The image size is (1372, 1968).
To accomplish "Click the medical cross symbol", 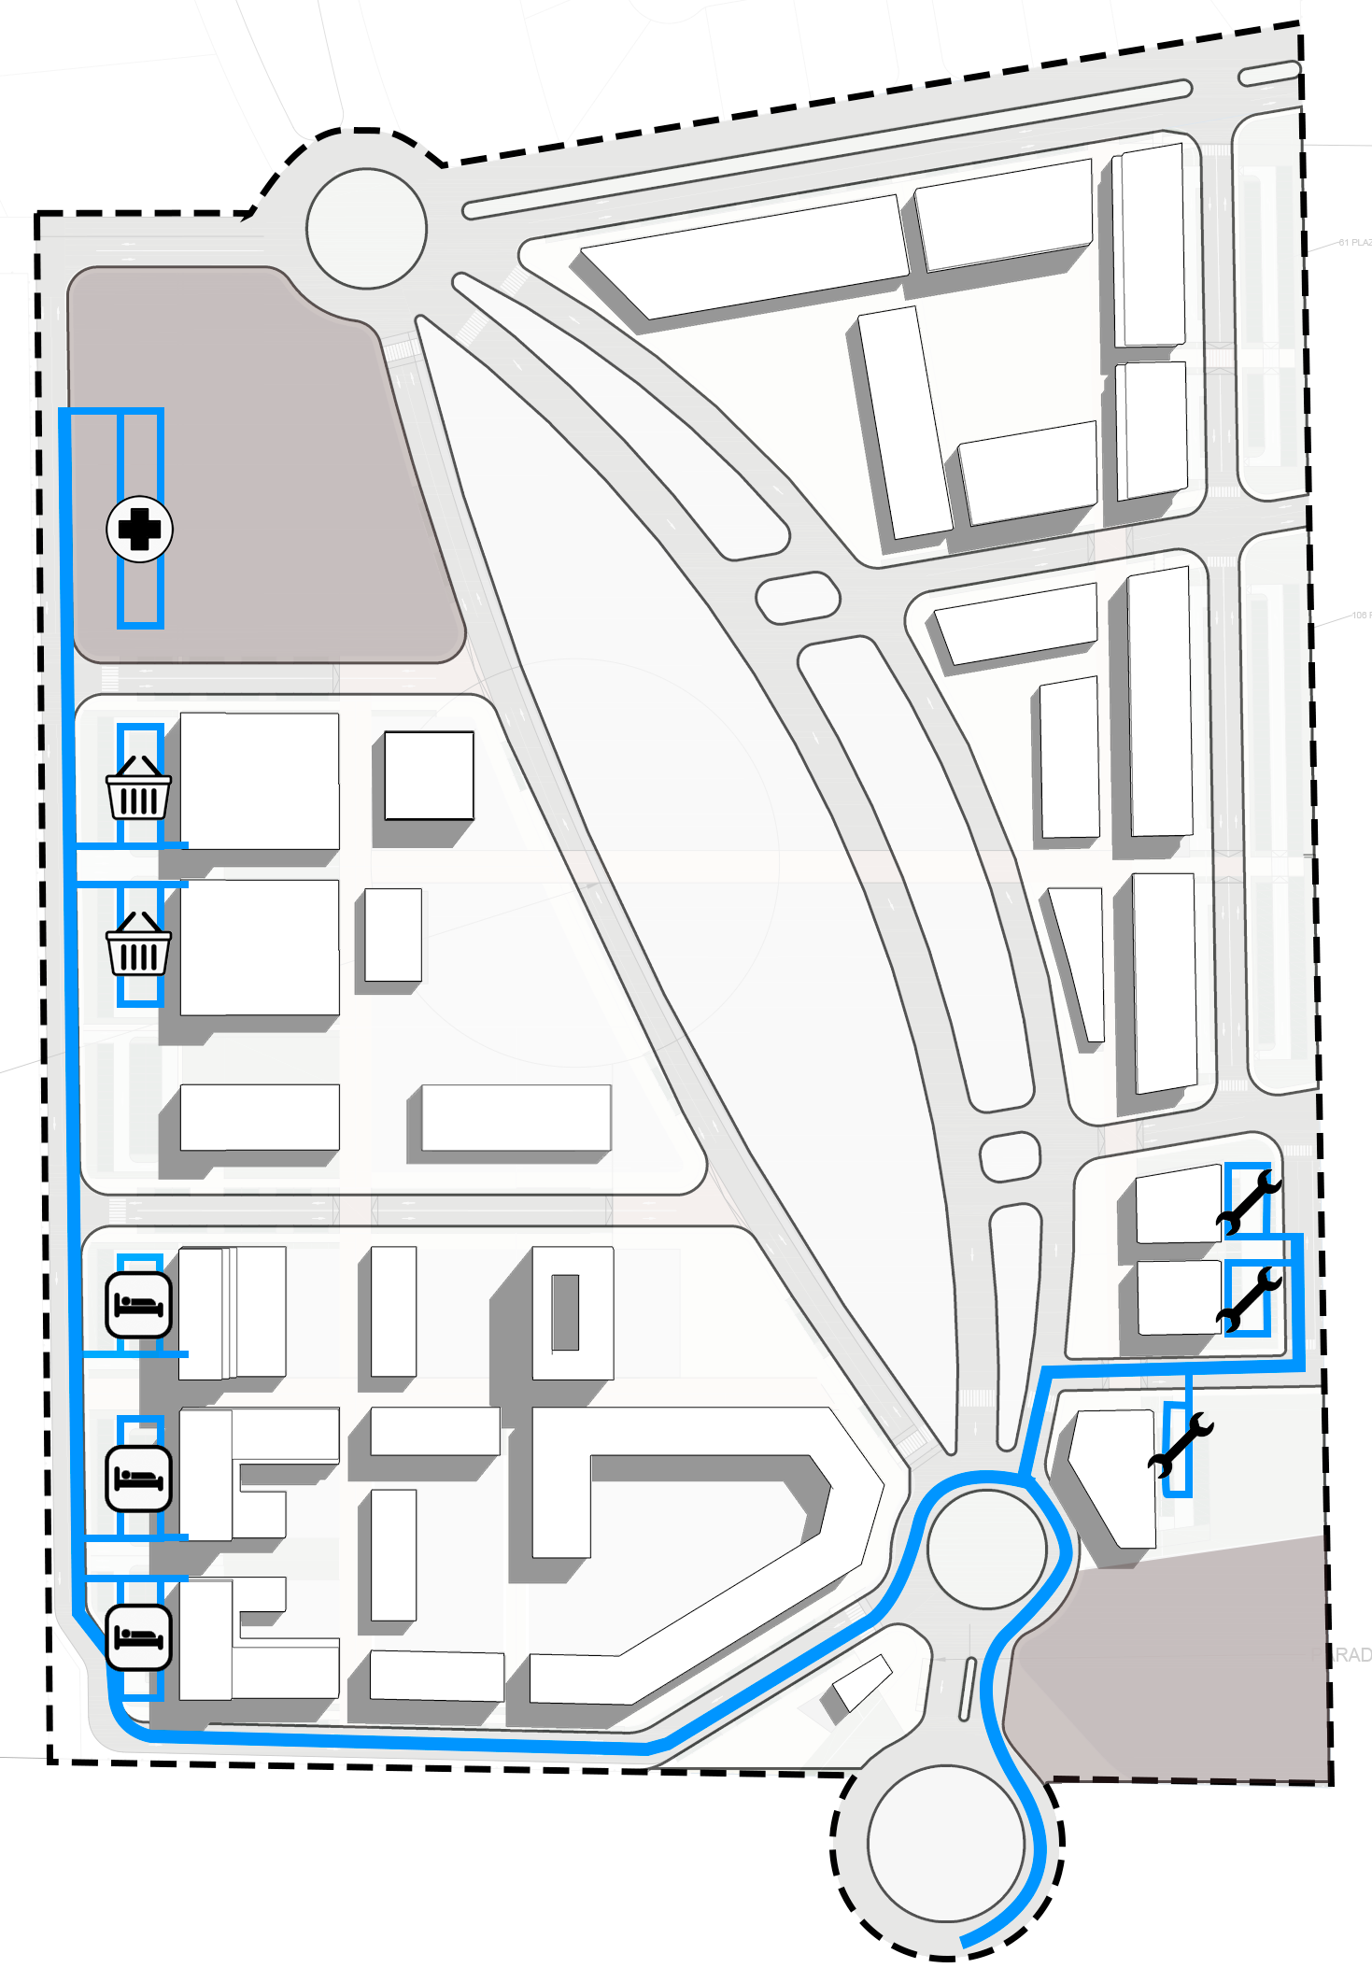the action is (x=139, y=530).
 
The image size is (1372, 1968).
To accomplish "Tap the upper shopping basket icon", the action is (x=139, y=787).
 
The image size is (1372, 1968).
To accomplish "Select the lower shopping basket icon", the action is (x=139, y=944).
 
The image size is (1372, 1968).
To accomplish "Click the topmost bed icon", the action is (x=138, y=1304).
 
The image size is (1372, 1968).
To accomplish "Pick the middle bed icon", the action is (x=138, y=1478).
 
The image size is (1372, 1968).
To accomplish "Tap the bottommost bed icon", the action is (x=138, y=1636).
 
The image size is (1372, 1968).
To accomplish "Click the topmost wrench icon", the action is (x=1248, y=1203).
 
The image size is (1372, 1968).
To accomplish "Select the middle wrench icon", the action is (x=1248, y=1298).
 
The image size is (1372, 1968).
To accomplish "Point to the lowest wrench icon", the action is (x=1181, y=1446).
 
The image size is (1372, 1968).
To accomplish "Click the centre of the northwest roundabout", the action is (x=367, y=229).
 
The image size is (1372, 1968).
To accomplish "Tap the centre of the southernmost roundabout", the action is (x=945, y=1842).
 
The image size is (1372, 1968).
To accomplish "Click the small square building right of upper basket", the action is (x=429, y=775).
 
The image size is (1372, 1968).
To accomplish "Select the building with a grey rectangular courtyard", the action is (x=573, y=1312).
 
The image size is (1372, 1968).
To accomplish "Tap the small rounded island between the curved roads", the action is (x=798, y=598).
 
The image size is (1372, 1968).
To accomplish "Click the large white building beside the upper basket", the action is (x=259, y=781).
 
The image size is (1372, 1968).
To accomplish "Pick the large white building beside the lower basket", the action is (x=259, y=946).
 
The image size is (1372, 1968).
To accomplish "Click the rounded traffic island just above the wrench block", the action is (x=1010, y=1156).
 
